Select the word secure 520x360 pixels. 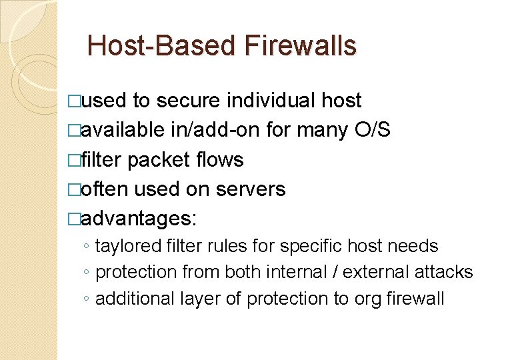point(188,101)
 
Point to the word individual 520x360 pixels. point(271,101)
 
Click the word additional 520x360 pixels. point(135,299)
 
